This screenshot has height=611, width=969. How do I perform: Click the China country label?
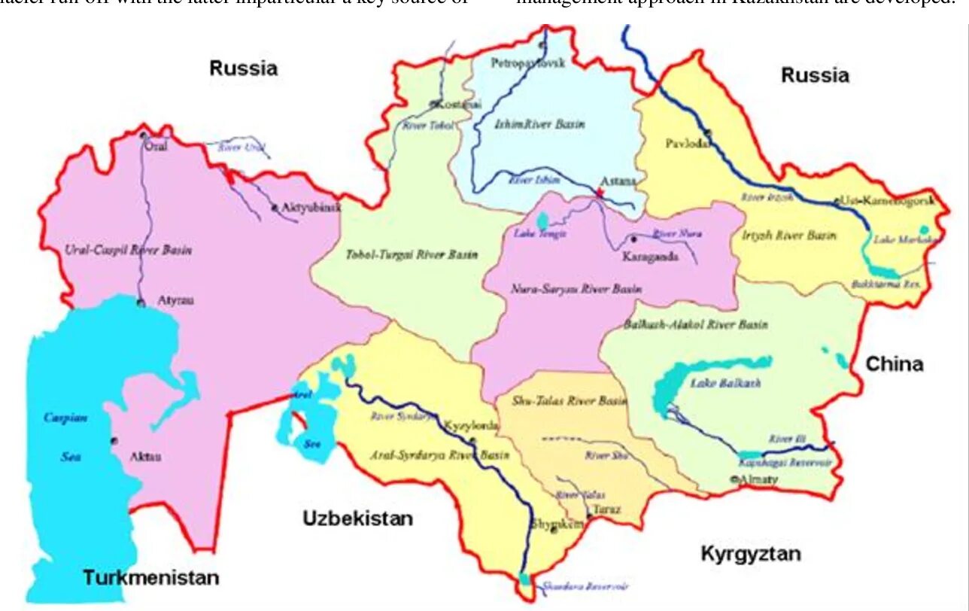tap(894, 364)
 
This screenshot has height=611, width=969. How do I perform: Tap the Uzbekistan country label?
tap(357, 518)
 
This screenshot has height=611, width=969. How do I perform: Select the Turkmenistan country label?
tap(150, 578)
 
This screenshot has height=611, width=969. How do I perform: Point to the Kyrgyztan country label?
tap(750, 554)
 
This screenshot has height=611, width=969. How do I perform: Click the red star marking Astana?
tap(600, 193)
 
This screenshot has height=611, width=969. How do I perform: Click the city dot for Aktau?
tap(114, 441)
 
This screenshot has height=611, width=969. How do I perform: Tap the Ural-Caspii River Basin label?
tap(127, 250)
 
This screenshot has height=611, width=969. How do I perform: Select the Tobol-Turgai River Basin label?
tap(411, 254)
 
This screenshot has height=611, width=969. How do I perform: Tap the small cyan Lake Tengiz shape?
tap(542, 220)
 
